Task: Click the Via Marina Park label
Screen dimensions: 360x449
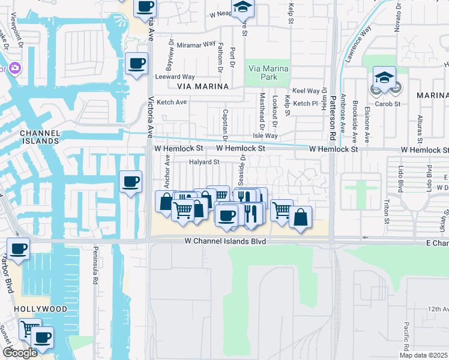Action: [x=268, y=73]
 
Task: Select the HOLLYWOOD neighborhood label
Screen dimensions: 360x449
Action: [x=42, y=308]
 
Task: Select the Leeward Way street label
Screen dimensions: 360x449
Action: [x=175, y=77]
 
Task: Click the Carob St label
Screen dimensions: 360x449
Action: [x=387, y=103]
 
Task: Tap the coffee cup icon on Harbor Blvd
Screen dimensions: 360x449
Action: [x=18, y=248]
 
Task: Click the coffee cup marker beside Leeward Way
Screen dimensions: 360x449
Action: [x=137, y=63]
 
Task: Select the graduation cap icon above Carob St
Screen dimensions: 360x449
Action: [x=384, y=77]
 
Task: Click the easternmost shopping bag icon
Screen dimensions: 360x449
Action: [x=301, y=217]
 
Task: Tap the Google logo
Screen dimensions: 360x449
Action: [x=20, y=352]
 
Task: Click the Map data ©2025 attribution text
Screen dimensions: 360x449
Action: [x=423, y=355]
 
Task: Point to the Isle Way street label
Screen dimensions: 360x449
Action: [x=265, y=136]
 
